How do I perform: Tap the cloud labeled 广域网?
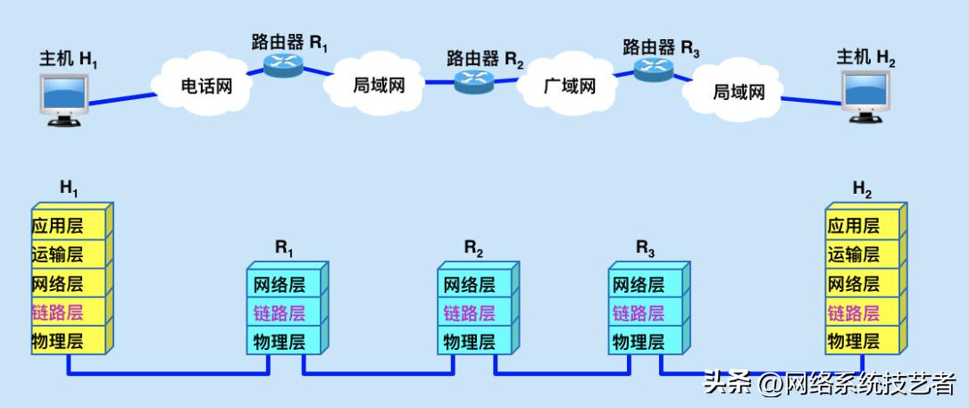[x=569, y=87]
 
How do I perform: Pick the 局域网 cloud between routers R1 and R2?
[x=379, y=86]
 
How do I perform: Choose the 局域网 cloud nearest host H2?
[x=739, y=91]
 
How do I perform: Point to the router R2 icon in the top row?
[x=474, y=81]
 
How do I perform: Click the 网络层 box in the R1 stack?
[x=280, y=285]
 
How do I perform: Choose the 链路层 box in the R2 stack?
[x=470, y=313]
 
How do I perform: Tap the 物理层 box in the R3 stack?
[x=638, y=341]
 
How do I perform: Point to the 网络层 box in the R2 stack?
[x=470, y=285]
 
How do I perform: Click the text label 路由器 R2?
[x=485, y=59]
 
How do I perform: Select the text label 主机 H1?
[x=68, y=59]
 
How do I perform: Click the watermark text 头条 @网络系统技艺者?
[x=830, y=385]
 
